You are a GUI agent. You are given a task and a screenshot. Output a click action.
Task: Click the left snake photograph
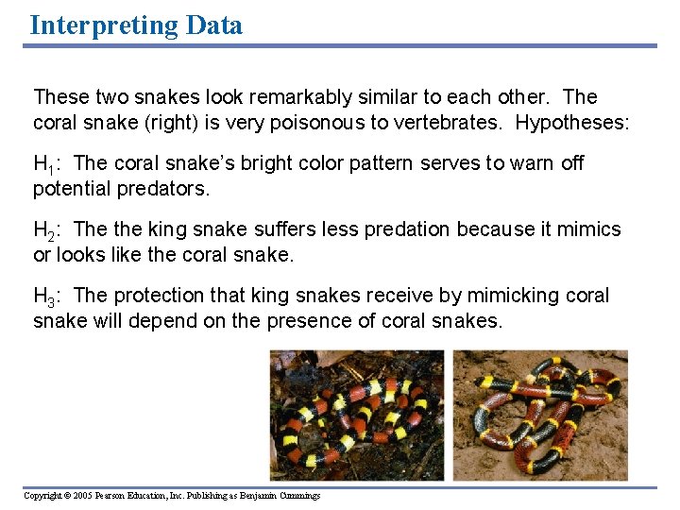point(356,416)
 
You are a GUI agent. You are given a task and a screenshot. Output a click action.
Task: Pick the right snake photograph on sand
point(540,416)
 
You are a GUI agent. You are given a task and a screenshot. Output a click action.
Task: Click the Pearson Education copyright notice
point(172,496)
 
